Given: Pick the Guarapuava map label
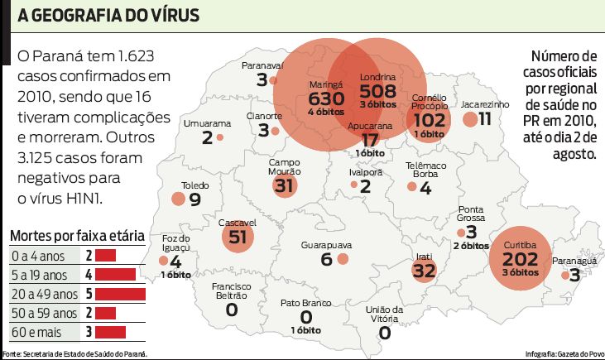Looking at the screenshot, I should click(325, 245).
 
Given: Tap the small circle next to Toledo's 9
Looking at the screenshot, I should click(178, 199).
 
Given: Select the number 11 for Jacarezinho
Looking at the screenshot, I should click(485, 119).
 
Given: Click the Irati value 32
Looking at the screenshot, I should click(424, 271).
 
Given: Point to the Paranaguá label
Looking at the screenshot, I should click(574, 260).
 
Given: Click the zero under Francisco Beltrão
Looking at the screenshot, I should click(231, 310).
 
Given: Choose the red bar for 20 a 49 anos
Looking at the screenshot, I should click(125, 294).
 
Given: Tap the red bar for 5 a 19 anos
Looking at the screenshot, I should click(120, 274).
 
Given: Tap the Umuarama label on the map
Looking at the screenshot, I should click(207, 122).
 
